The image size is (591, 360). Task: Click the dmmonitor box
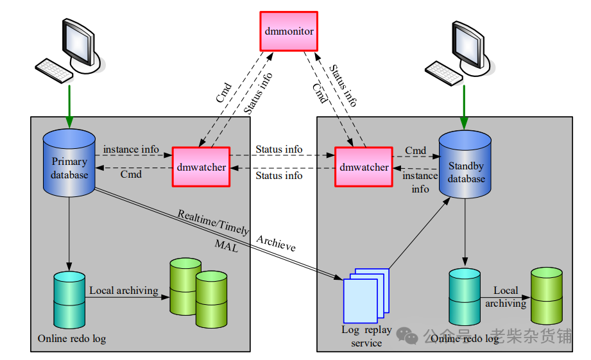[288, 31]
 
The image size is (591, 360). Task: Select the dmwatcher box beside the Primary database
[201, 167]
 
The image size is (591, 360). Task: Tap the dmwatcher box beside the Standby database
[364, 167]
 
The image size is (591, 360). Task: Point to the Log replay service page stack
[366, 296]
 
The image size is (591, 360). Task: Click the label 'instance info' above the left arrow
[131, 150]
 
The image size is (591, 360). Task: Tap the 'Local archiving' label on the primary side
[124, 291]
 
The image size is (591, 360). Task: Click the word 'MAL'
[227, 245]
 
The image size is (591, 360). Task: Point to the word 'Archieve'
[276, 243]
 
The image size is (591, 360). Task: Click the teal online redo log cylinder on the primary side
[69, 299]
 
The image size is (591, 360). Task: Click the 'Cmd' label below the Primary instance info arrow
[131, 174]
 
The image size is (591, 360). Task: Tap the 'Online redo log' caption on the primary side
[71, 338]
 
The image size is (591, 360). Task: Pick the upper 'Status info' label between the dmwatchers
[278, 150]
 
